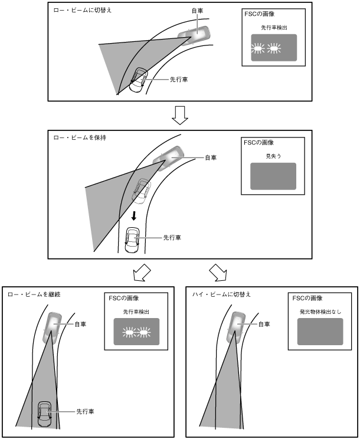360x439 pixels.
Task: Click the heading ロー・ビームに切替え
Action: click(75, 11)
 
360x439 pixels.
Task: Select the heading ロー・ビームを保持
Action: click(73, 138)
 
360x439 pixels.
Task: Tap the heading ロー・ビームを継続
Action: click(30, 294)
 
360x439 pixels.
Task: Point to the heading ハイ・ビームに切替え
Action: click(218, 294)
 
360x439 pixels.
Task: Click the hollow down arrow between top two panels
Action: click(179, 116)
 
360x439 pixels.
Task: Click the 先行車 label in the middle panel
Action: click(172, 237)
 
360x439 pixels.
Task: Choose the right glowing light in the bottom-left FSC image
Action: click(142, 334)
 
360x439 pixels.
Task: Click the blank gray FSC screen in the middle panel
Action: click(273, 176)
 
